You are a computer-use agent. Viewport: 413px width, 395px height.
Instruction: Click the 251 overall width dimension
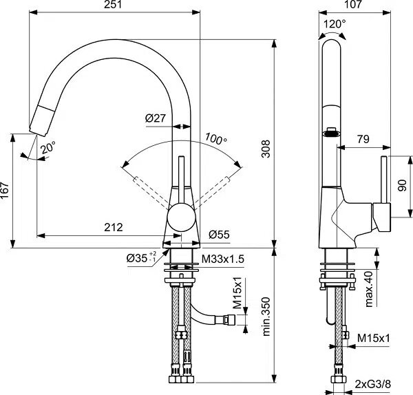(113, 5)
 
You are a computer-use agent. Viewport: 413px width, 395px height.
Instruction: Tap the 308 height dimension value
(266, 149)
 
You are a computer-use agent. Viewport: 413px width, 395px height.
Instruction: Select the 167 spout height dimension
(5, 190)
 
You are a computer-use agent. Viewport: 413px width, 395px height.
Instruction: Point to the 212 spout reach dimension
(114, 227)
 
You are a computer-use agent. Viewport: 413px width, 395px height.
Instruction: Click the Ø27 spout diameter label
(156, 118)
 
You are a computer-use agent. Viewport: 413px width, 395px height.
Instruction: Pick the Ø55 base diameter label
(219, 234)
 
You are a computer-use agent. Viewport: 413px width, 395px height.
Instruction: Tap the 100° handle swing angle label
(215, 138)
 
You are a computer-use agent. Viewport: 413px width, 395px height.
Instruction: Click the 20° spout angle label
(48, 147)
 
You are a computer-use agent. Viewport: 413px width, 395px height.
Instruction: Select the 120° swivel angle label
(335, 24)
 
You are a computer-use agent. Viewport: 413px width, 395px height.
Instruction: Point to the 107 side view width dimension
(353, 5)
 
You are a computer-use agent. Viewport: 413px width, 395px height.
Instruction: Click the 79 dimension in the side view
(363, 139)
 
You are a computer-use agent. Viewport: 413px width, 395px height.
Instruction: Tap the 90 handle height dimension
(402, 185)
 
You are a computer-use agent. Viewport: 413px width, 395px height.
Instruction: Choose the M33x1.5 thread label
(223, 259)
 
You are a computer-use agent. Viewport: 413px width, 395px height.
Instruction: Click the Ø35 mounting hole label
(141, 258)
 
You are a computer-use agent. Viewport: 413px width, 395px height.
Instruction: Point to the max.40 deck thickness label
(369, 289)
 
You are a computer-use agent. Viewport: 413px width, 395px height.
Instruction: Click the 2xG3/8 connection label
(372, 384)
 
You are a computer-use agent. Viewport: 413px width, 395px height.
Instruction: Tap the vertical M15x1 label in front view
(238, 292)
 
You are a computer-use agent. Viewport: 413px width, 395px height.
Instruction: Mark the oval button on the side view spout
(332, 133)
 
